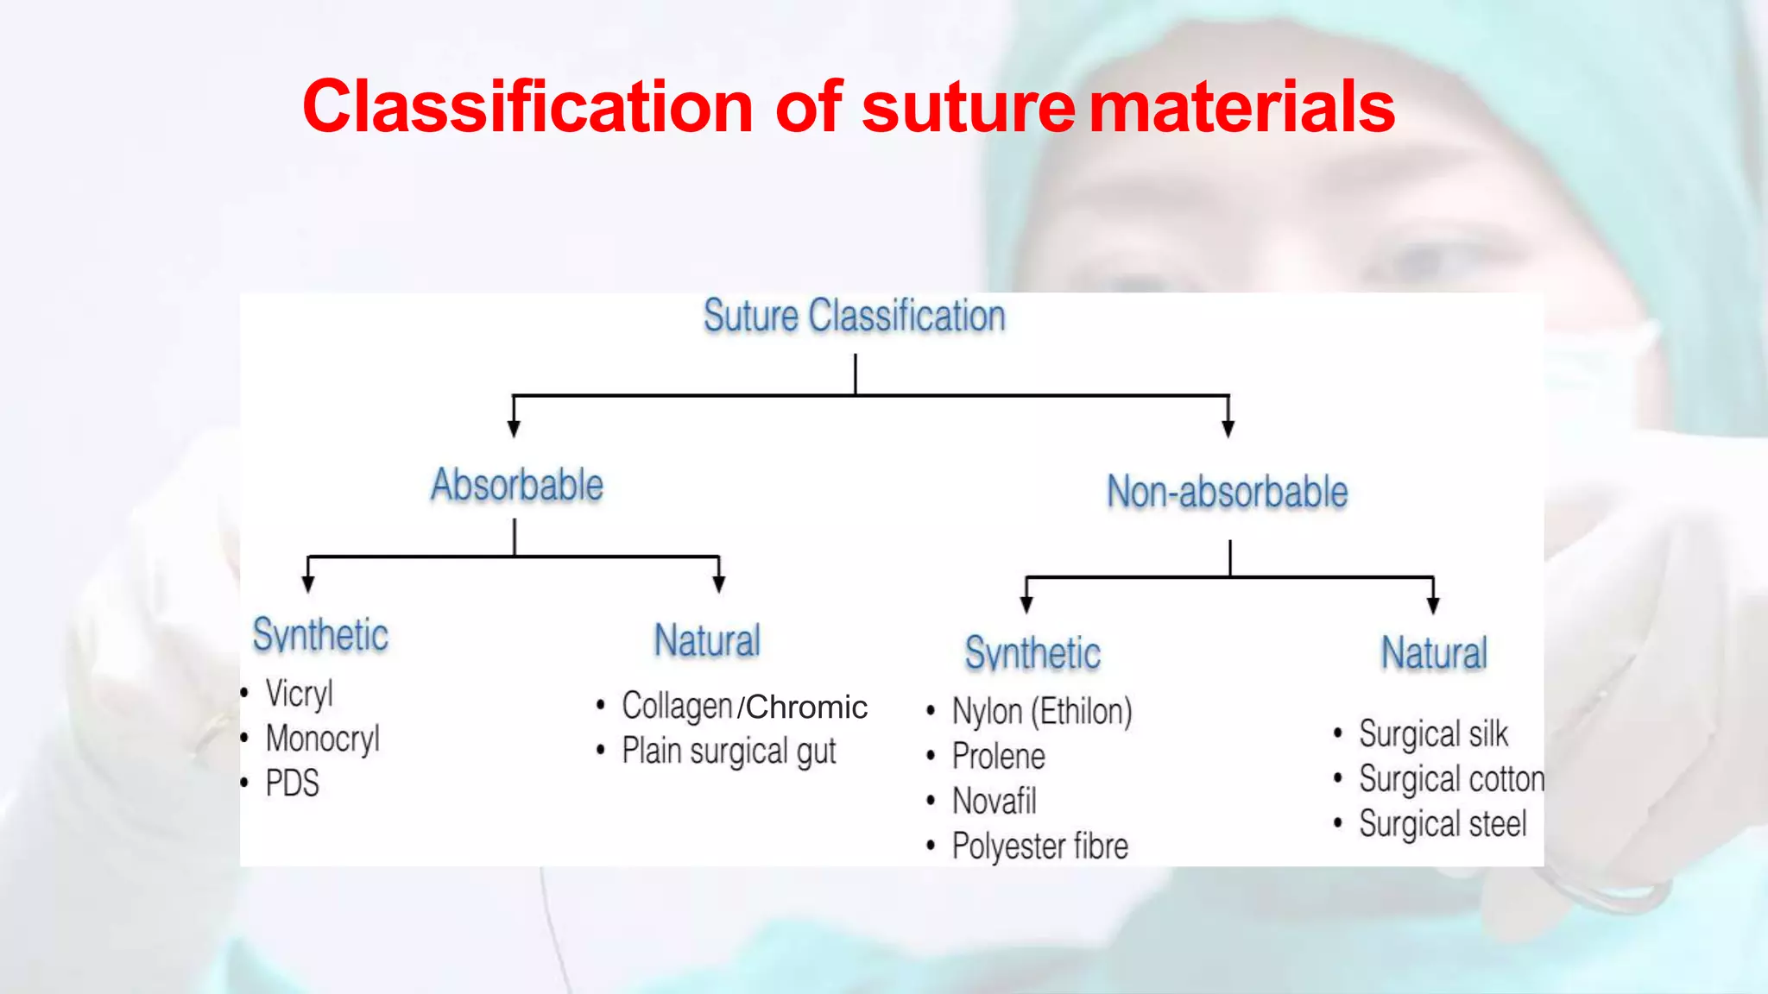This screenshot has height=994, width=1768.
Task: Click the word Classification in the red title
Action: coord(528,107)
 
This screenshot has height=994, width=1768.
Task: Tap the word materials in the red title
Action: coord(1241,107)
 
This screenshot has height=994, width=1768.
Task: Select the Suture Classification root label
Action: coord(855,316)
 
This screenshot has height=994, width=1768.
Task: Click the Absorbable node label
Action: coord(517,485)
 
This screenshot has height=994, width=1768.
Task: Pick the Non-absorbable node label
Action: coord(1227,492)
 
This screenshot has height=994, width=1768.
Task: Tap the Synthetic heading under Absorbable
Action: coord(320,636)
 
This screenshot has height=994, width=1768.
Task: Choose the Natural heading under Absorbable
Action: coord(707,641)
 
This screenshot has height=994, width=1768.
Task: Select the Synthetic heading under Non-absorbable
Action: coord(1032,654)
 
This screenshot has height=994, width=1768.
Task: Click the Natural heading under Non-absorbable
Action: coord(1434,653)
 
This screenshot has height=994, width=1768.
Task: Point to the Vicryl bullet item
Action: coord(299,693)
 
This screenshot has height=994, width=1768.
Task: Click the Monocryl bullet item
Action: coord(322,739)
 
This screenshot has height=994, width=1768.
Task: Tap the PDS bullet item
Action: coord(292,783)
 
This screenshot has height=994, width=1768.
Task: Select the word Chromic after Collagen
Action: coord(806,708)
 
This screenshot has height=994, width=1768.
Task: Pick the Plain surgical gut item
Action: coord(729,752)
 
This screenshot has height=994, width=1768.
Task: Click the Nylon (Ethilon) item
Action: coord(1042,712)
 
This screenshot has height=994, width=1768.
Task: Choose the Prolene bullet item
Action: coord(998,757)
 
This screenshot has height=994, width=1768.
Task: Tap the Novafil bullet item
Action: coord(994,802)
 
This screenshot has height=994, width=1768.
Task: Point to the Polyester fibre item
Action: coord(1039,846)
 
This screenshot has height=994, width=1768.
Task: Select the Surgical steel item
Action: coord(1443,824)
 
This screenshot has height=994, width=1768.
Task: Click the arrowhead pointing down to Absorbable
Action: coord(514,429)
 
